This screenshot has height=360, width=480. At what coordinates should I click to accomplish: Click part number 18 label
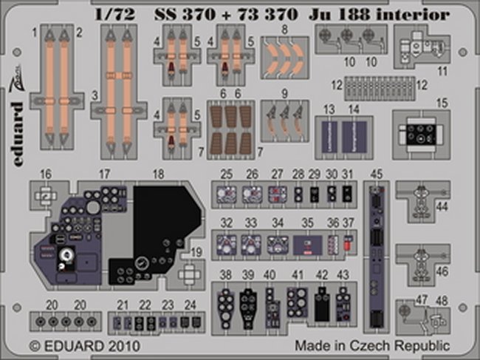158,174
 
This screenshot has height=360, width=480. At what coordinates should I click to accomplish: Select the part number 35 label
308,223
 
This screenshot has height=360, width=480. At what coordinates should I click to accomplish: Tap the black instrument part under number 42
321,299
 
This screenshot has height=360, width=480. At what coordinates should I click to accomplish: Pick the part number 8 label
284,30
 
